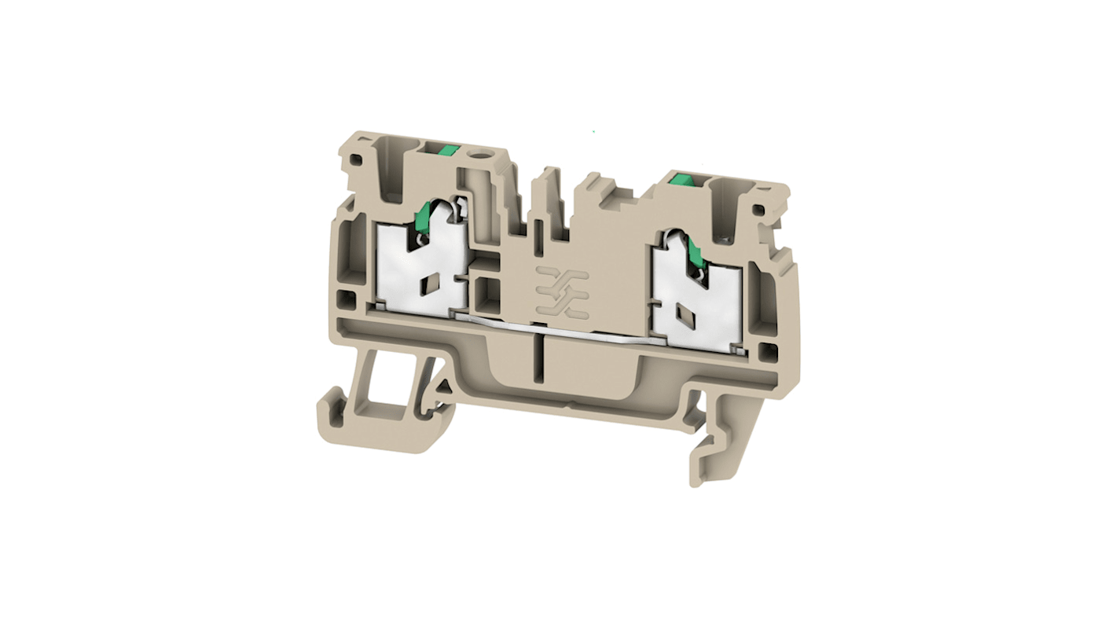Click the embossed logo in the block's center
pyautogui.click(x=561, y=288)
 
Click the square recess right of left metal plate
pyautogui.click(x=487, y=297)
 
